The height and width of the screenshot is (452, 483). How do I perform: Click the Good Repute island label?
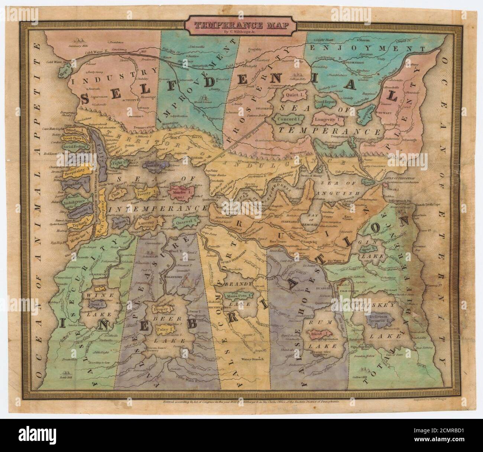tap(325, 102)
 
